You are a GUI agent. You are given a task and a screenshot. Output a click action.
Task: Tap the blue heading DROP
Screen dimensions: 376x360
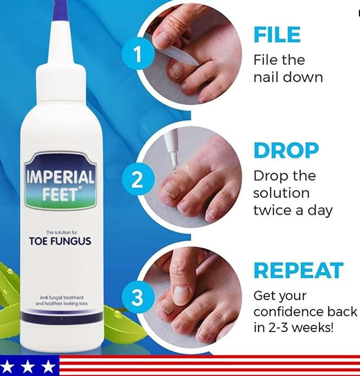(x=286, y=150)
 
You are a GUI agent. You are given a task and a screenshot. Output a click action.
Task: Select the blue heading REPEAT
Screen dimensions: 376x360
(x=298, y=270)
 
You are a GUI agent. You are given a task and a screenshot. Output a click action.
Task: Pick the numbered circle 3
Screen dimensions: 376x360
(x=137, y=298)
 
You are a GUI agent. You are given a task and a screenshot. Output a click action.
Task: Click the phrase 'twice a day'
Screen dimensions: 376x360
(x=293, y=210)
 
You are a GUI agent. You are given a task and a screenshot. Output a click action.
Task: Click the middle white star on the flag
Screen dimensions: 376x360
(x=27, y=366)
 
